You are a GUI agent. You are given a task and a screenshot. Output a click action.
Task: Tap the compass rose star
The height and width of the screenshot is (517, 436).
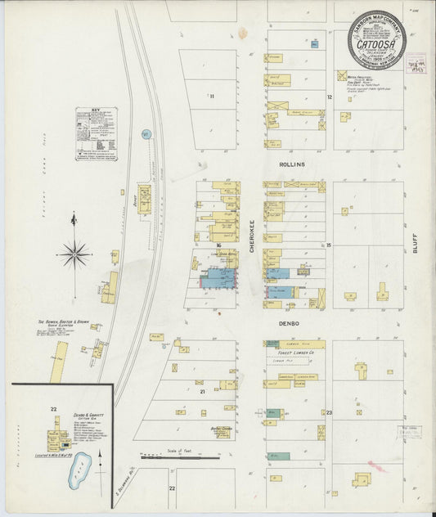[74, 254]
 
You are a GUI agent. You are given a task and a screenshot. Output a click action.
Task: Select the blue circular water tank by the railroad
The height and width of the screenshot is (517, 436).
[147, 133]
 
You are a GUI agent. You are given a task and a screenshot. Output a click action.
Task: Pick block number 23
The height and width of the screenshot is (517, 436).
[328, 412]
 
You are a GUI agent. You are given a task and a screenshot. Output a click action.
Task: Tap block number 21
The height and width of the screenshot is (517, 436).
[200, 392]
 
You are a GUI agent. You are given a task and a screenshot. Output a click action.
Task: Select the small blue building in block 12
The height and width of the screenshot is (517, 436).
[313, 43]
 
